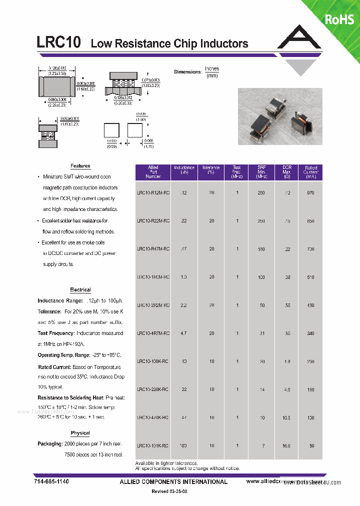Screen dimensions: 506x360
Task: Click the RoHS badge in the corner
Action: point(339,19)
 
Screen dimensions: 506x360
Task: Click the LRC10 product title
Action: point(59,42)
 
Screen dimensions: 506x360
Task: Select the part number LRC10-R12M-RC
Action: point(153,192)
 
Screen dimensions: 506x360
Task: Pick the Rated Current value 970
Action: point(310,192)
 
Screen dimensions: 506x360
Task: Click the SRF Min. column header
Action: point(261,172)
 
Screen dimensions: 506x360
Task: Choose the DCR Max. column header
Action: point(286,172)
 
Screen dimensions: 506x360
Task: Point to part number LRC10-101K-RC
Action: point(153,445)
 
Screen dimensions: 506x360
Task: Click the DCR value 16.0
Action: point(286,445)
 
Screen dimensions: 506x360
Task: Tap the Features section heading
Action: point(80,166)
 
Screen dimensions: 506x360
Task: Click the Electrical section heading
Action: point(80,290)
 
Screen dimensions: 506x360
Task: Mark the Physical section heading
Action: point(80,433)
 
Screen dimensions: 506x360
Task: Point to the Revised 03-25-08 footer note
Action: point(169,492)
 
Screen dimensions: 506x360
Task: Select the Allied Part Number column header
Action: point(153,172)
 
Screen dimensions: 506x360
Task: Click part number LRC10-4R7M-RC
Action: point(153,333)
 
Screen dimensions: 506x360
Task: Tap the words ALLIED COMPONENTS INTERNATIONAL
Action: point(173,481)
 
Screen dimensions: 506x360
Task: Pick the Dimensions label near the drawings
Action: point(187,72)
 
